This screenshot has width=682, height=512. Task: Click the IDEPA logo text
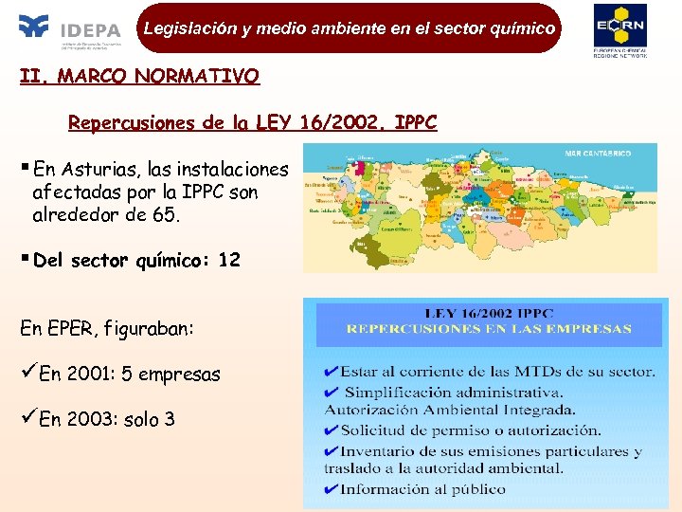91,29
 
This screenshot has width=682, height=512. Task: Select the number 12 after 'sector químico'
229,260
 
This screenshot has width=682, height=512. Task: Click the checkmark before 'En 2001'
29,374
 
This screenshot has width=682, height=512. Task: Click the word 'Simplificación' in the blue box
397,392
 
